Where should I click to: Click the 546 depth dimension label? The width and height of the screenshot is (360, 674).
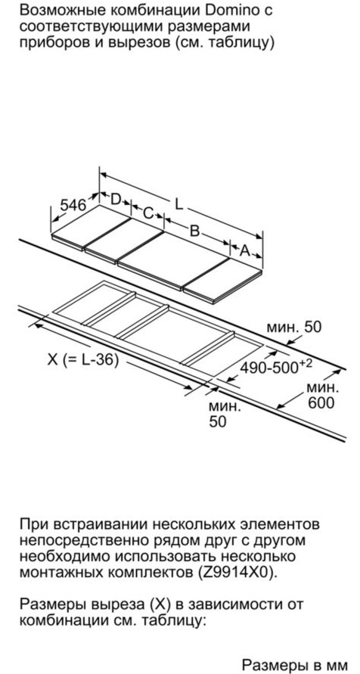click(73, 205)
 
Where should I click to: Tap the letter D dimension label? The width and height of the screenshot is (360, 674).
click(116, 199)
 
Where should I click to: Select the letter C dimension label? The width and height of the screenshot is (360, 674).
click(147, 213)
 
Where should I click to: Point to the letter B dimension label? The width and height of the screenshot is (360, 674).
click(194, 231)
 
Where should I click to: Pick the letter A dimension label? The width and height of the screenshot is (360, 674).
click(244, 250)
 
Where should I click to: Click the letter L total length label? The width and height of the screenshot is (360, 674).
click(179, 203)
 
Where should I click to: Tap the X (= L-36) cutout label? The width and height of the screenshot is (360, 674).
click(83, 359)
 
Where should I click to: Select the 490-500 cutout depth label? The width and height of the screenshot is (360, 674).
click(275, 367)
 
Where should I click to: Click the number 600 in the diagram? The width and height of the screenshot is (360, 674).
click(320, 402)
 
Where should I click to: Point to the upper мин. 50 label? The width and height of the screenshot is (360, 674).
click(294, 328)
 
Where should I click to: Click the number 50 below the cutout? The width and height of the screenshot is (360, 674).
click(217, 421)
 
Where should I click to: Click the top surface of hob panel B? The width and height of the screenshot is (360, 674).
click(173, 259)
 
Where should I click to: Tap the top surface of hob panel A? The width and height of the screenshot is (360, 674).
click(223, 278)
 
